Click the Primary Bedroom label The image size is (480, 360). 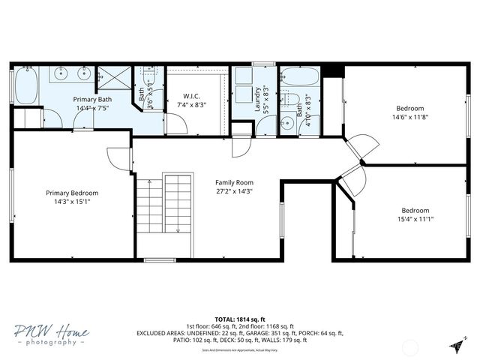coord(71,193)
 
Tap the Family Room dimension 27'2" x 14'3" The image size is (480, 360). coord(234,191)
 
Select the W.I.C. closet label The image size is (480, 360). coord(191,96)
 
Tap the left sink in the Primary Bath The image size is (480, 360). coord(61,75)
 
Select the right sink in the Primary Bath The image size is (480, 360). coord(82,75)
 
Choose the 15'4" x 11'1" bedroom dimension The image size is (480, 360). coord(417,219)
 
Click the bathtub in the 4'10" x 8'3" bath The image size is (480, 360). coord(300,77)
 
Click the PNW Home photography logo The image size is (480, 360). coord(50,334)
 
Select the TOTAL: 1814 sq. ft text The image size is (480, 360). coord(239,319)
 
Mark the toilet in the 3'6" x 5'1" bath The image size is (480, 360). coord(148,77)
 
